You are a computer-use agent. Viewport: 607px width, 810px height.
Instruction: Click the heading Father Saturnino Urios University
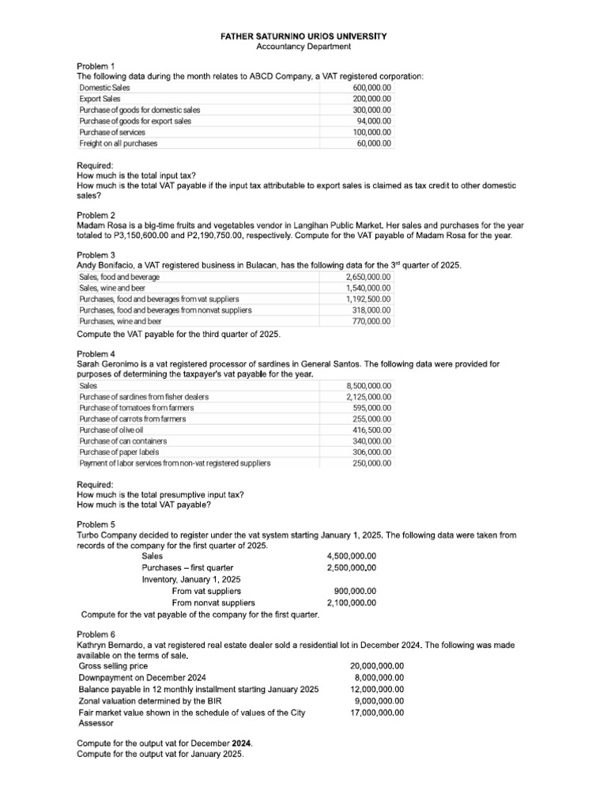pos(303,37)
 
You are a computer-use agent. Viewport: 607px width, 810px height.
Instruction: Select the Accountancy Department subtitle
pos(303,47)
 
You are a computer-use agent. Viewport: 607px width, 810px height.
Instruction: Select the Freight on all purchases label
pos(119,143)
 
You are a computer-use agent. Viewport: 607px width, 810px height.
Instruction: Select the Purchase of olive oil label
pos(111,430)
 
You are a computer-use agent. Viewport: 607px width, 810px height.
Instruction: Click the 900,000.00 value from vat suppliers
pos(355,591)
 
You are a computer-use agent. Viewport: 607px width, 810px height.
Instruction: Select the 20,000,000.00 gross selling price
pos(377,666)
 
